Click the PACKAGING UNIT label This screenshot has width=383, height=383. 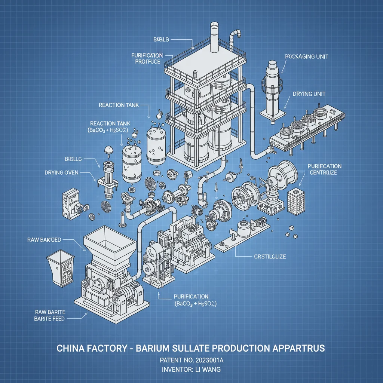tap(307, 56)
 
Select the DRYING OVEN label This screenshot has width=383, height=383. tap(61, 173)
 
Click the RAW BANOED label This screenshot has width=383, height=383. tap(45, 239)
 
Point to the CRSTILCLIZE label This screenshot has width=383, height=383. tap(267, 257)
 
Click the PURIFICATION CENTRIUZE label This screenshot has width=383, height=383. tap(324, 169)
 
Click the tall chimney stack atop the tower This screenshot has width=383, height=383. tap(215, 37)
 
